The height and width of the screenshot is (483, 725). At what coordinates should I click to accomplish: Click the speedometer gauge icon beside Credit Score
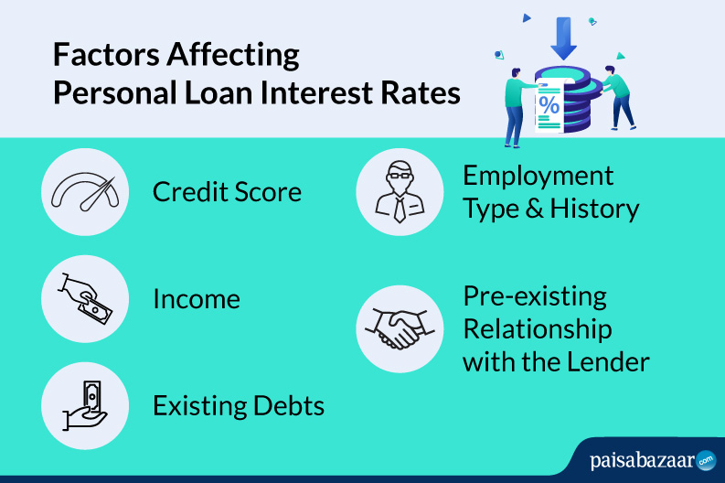[85, 191]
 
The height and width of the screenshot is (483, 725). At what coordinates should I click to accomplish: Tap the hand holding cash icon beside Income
[85, 298]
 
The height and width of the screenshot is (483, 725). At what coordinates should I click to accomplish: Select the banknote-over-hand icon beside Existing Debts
[86, 405]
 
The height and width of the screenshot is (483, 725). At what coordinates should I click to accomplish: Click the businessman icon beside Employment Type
[400, 191]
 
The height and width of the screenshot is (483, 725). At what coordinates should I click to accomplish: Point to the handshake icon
[400, 328]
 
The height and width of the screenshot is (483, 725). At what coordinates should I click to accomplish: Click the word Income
[197, 299]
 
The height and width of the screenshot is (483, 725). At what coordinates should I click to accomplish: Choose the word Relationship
[538, 330]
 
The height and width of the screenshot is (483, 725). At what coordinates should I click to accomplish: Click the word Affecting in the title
[233, 56]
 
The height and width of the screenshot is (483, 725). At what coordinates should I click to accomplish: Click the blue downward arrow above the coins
[563, 38]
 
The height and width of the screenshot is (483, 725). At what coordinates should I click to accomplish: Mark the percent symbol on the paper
[549, 104]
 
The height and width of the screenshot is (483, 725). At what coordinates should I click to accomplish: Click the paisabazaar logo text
[643, 461]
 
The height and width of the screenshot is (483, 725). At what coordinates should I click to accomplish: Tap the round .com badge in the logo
[706, 461]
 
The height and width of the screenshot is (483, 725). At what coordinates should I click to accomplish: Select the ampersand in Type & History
[535, 209]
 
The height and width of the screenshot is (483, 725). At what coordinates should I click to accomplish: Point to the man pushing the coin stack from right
[619, 98]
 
